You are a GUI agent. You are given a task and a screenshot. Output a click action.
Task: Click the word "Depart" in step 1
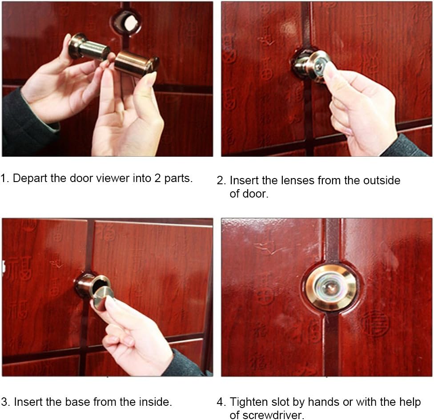tap(28, 178)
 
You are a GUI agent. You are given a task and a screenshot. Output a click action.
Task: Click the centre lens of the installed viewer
tap(331, 288)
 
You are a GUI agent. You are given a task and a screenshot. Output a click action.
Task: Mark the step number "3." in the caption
tap(5, 402)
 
